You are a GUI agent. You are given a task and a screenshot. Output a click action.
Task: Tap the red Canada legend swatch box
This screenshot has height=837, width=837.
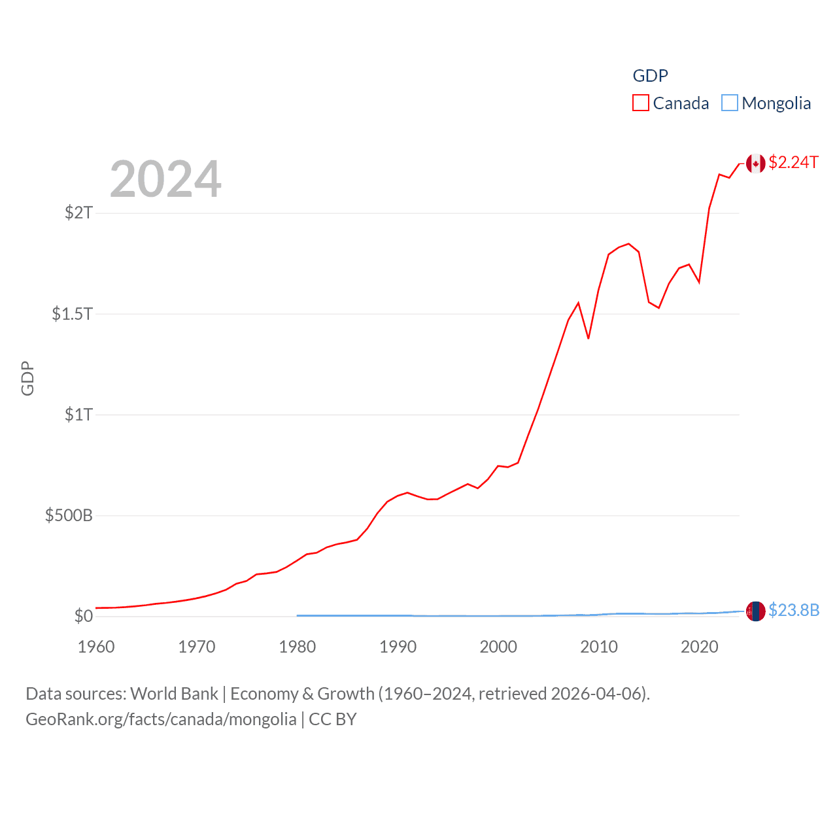tap(641, 103)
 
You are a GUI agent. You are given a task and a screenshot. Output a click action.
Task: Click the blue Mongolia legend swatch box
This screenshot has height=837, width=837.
tap(730, 103)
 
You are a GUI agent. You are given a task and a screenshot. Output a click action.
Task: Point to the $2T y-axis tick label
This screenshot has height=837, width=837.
tap(78, 213)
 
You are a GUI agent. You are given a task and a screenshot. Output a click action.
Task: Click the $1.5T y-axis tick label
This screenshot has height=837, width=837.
tap(72, 314)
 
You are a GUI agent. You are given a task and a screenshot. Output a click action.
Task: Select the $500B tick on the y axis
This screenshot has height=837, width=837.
tap(69, 515)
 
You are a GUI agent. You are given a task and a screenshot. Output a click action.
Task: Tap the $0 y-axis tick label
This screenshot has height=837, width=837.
tap(84, 616)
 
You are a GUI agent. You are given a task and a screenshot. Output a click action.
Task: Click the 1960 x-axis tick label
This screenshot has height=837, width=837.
tap(96, 647)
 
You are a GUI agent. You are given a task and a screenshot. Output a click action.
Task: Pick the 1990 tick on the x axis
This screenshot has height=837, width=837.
tap(398, 647)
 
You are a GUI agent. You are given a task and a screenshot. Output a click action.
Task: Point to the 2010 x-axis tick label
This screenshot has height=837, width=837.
tap(599, 647)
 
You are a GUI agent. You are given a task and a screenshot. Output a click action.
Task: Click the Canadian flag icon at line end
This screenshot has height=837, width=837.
tap(756, 163)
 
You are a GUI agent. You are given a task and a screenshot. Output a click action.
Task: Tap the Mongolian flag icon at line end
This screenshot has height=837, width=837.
tap(756, 611)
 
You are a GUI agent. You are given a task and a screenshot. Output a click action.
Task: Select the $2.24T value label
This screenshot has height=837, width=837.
tap(793, 162)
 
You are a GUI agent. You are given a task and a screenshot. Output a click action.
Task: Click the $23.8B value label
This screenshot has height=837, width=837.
tap(794, 610)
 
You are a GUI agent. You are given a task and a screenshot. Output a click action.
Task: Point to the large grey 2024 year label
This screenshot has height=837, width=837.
tap(165, 179)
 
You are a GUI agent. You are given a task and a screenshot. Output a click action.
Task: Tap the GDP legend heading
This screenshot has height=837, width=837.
tap(650, 76)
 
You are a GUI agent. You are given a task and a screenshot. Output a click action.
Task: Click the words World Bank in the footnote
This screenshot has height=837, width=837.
tap(174, 694)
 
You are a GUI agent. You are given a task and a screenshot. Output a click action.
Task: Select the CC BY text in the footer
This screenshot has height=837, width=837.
tap(332, 719)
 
